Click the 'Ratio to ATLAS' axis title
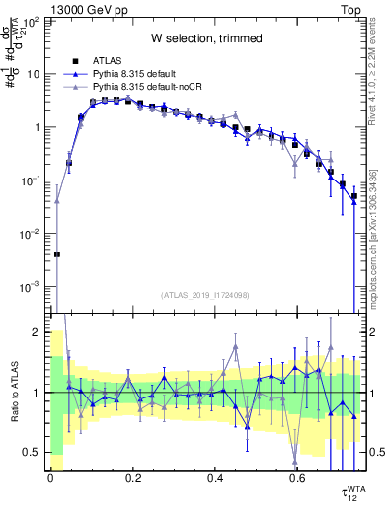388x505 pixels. pos(13,393)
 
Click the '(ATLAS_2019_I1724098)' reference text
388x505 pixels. pos(206,295)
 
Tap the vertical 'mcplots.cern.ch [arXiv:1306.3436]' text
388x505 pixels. pos(373,237)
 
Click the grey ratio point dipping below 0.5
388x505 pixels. pos(295,461)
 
